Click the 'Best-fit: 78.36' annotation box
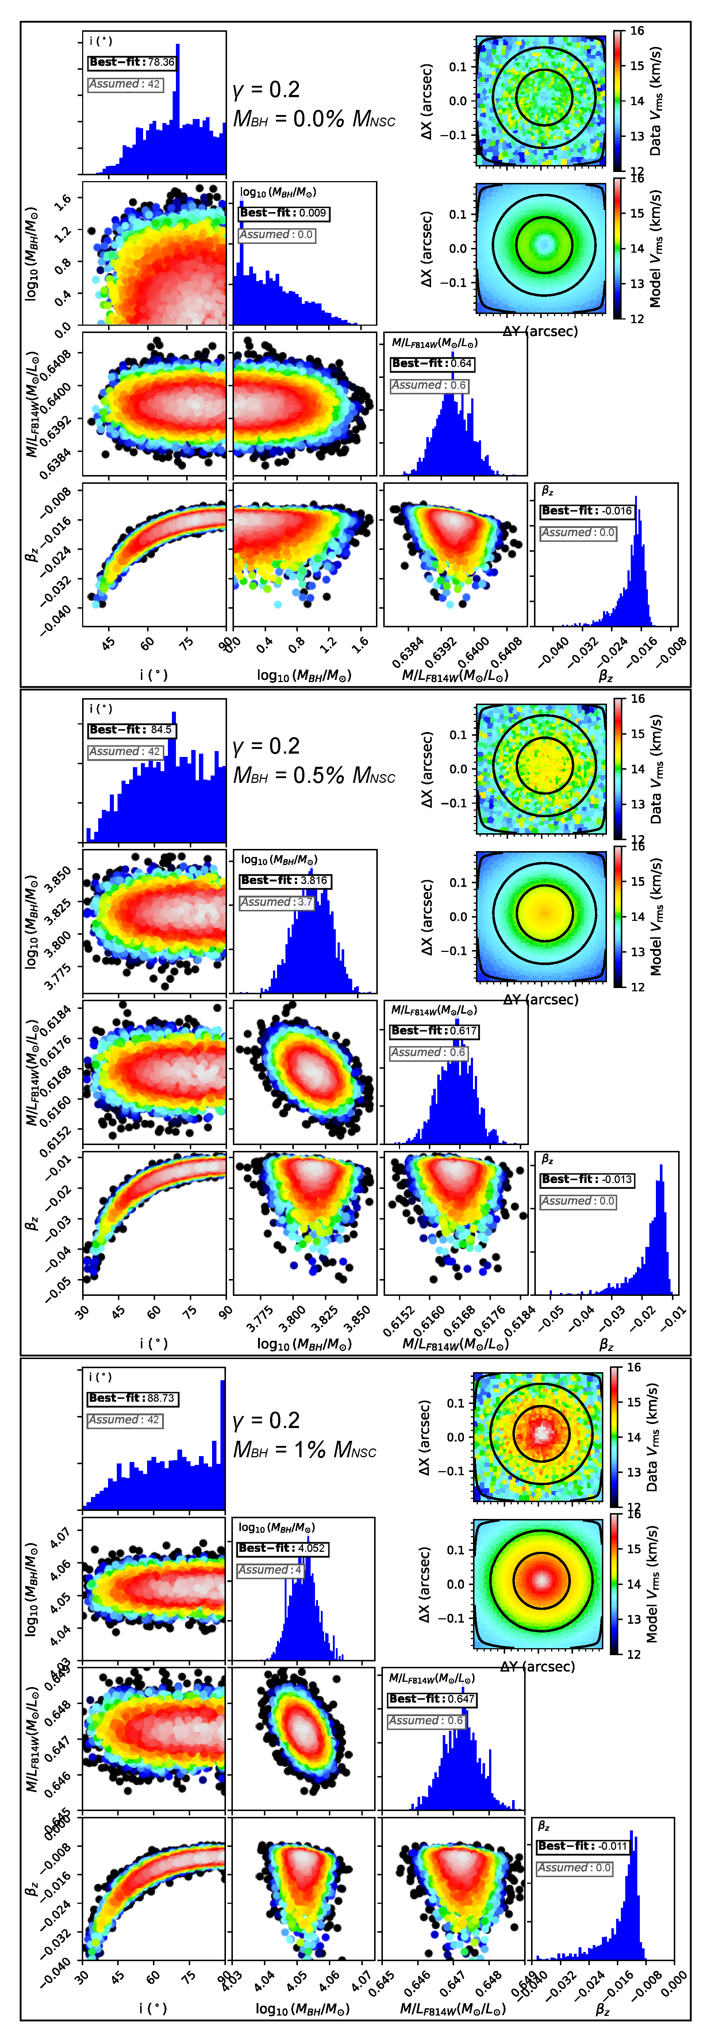[131, 62]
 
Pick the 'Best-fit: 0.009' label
[283, 213]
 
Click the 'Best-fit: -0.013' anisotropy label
[587, 1179]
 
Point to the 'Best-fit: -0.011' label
[583, 1846]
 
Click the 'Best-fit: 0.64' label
[432, 364]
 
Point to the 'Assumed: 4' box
[269, 1570]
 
